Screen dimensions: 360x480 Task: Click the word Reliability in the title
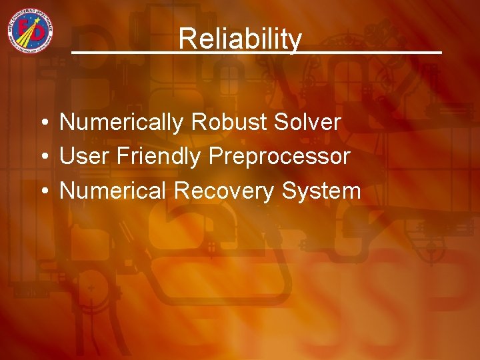[x=240, y=39]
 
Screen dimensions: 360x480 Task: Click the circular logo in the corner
[x=31, y=31]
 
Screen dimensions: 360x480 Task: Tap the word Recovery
[x=225, y=191]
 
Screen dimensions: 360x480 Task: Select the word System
[x=321, y=191]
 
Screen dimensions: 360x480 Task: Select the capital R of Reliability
[x=186, y=39]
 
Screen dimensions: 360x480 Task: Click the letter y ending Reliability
[x=296, y=41]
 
